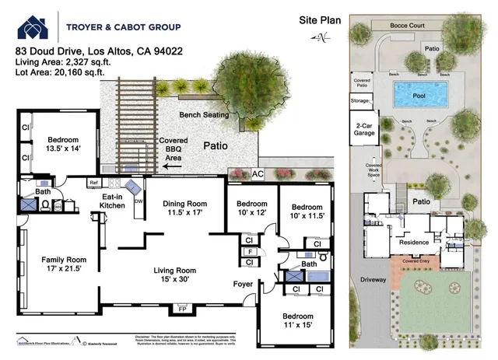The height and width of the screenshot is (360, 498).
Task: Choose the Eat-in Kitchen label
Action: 111,201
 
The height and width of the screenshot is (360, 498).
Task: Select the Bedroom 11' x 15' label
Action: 297,322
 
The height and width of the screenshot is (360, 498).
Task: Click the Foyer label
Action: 243,285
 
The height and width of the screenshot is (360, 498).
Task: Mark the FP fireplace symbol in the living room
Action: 184,309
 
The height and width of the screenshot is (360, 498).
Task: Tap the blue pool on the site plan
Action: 419,96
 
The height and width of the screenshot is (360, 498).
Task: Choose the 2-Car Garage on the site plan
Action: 363,130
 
